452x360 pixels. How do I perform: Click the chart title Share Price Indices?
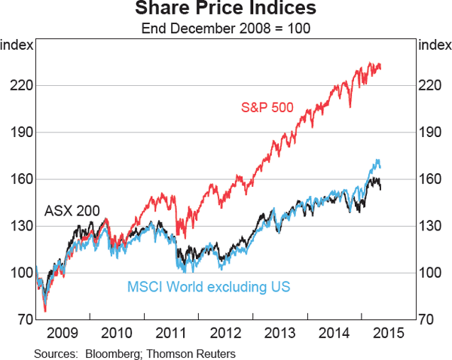(x=225, y=10)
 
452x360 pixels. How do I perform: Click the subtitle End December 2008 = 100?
(x=225, y=29)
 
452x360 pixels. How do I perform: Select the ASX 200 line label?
(x=72, y=211)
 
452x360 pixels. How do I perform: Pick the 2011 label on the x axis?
(x=171, y=332)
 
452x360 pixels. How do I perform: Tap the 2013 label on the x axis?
(x=279, y=332)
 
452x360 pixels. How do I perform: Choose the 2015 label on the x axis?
(x=387, y=332)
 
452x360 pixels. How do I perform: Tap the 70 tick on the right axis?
(x=426, y=319)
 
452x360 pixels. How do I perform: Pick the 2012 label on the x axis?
(x=225, y=332)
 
